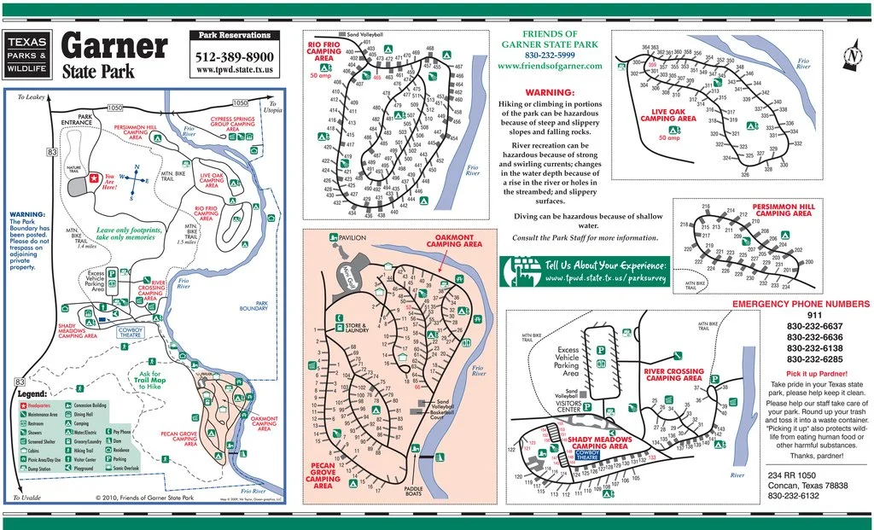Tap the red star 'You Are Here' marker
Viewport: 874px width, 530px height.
click(92, 179)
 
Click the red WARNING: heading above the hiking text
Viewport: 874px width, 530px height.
click(549, 92)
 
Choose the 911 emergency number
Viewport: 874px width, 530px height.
click(802, 315)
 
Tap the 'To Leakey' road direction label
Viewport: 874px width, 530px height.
click(31, 97)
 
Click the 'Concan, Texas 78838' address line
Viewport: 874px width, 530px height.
click(807, 485)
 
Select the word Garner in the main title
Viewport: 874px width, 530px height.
click(114, 46)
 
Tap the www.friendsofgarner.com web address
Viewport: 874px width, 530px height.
click(549, 65)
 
